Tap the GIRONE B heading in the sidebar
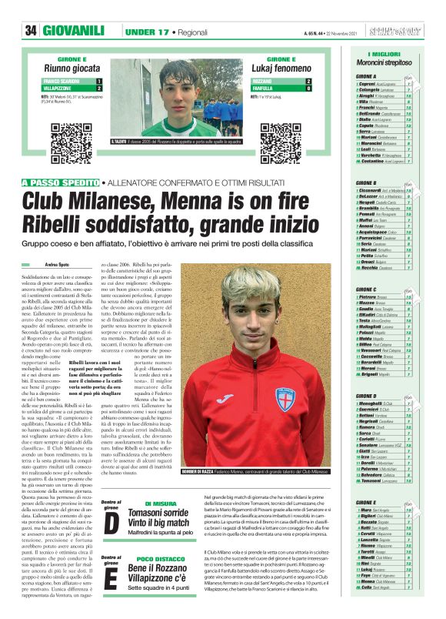coord(366,182)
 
